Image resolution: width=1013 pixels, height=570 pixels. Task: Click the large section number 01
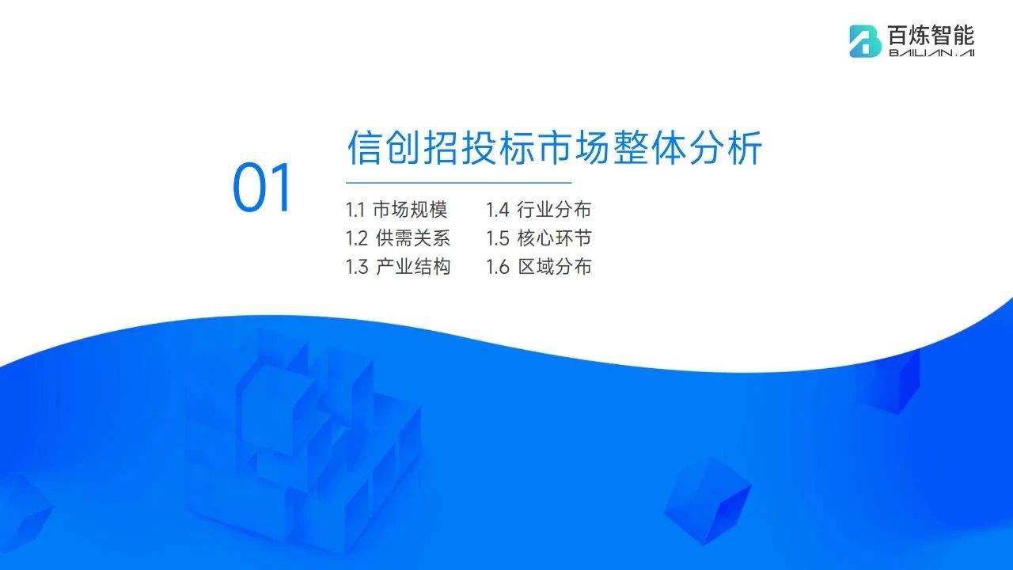click(261, 188)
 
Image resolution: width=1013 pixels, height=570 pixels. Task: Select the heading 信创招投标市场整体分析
click(555, 147)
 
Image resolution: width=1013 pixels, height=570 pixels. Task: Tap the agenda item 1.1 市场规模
click(396, 210)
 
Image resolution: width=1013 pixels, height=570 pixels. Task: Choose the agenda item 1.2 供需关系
click(398, 238)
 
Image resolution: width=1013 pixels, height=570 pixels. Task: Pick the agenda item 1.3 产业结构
click(398, 267)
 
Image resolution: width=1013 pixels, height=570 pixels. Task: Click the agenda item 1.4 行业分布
click(539, 210)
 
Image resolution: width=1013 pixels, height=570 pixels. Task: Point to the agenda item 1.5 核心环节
click(539, 238)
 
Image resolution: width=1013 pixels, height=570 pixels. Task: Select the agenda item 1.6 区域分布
click(539, 267)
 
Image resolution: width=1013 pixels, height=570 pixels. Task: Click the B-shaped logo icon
click(865, 41)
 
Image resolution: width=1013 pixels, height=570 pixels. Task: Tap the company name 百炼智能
click(931, 36)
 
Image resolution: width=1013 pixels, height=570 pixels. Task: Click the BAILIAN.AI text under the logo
click(931, 53)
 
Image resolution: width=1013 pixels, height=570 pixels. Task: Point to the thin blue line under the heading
click(459, 183)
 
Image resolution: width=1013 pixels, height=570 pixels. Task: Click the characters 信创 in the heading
click(383, 147)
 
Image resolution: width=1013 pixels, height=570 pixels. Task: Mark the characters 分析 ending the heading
click(727, 147)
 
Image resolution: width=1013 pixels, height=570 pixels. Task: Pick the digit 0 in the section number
click(249, 188)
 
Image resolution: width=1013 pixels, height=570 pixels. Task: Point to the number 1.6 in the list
click(498, 268)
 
